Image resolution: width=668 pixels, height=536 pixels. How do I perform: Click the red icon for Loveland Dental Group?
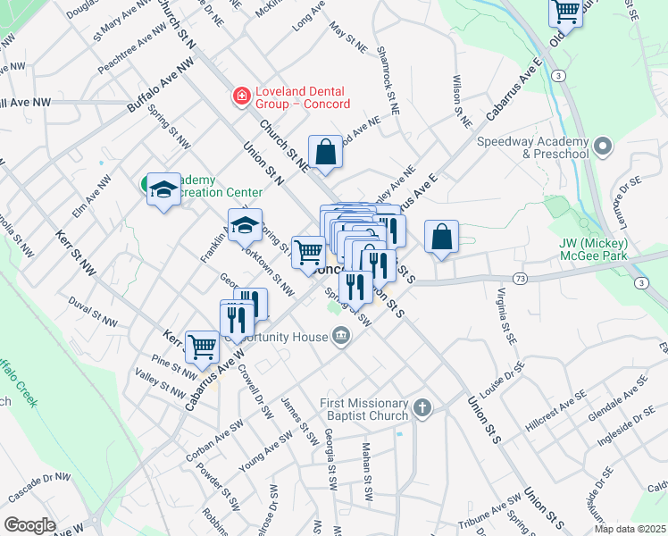click(239, 96)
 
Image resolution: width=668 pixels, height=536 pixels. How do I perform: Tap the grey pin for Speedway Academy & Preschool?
click(603, 145)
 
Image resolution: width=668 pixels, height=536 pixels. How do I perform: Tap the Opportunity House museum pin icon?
click(340, 336)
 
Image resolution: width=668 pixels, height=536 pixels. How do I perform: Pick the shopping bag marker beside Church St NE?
click(326, 152)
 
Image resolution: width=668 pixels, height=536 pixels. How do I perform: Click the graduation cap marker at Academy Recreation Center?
click(163, 189)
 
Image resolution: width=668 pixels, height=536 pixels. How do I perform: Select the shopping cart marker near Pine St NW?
click(203, 346)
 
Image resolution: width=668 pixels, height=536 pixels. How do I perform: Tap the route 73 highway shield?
click(520, 280)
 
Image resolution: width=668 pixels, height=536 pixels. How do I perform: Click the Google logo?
click(29, 525)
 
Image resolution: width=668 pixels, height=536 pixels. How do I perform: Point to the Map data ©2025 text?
click(629, 529)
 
